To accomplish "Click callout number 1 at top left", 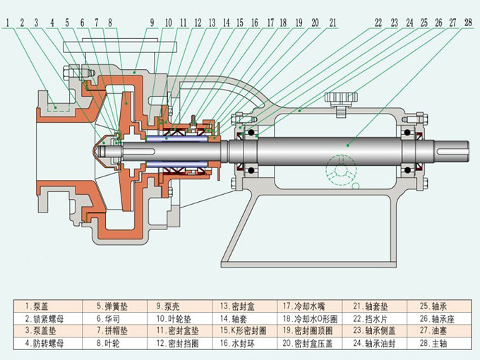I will pos(6,23).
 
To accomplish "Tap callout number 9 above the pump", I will pos(152,23).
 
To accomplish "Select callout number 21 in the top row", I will pos(332,23).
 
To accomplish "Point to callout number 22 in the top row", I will pos(378,23).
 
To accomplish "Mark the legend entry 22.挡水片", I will pos(369,318).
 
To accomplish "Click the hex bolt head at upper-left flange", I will pos(69,73).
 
